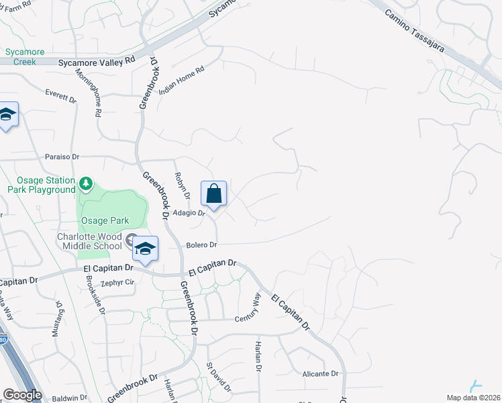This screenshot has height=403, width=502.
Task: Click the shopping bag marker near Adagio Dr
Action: (x=213, y=194)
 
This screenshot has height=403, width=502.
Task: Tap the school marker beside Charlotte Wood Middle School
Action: (x=144, y=249)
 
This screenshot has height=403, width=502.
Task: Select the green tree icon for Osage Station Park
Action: (x=85, y=183)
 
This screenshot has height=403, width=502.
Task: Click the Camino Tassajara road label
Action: (x=420, y=28)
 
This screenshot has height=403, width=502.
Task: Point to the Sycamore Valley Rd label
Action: (x=97, y=60)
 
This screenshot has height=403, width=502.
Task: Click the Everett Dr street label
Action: (x=61, y=96)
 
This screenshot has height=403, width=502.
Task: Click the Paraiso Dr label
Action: (x=62, y=157)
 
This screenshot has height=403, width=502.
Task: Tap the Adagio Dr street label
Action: (x=188, y=213)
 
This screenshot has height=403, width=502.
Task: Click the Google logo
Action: (x=22, y=395)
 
